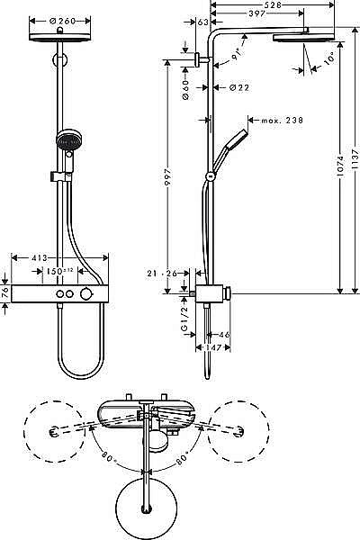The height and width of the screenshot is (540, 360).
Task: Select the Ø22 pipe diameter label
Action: click(239, 87)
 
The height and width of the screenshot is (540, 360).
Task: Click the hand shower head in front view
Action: click(66, 140)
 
